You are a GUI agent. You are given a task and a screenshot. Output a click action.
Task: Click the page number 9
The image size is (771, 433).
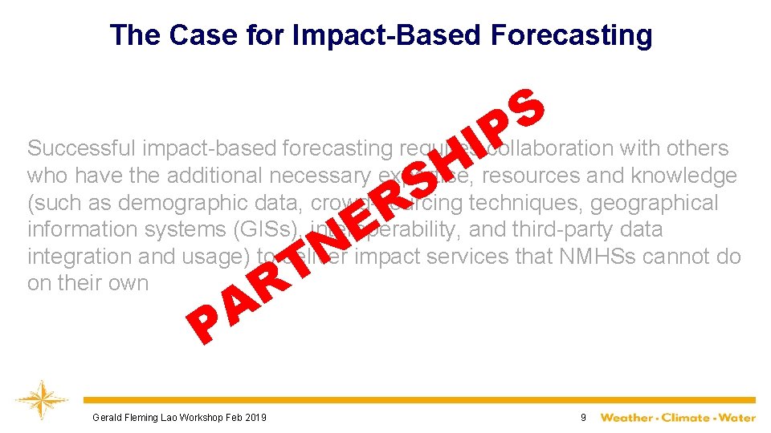tap(584, 418)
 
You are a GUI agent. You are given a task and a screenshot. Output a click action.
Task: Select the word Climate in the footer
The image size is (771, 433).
tap(687, 418)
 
